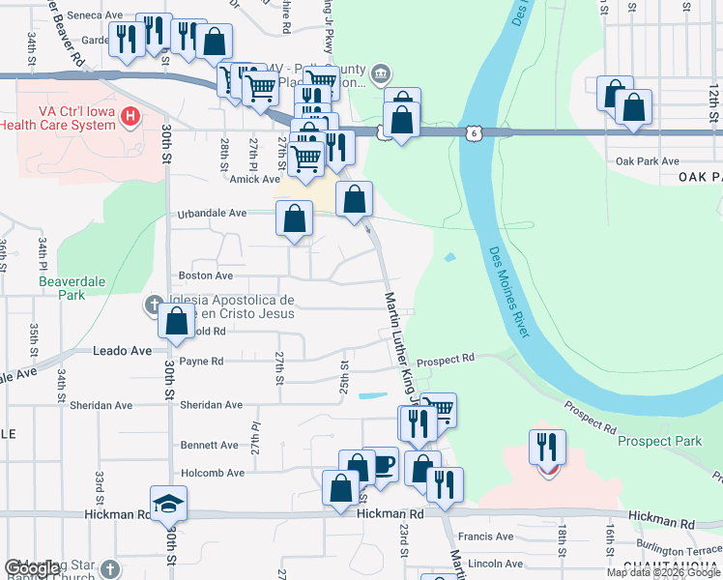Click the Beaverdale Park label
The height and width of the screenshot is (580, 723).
pos(70,287)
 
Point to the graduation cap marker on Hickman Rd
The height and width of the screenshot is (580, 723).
pos(168,504)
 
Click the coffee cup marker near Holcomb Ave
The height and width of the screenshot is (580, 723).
pos(380,465)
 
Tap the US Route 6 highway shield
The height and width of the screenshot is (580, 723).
pos(472,133)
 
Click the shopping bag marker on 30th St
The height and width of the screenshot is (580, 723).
pos(177,322)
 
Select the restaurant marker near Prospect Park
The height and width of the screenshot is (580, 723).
pos(547,447)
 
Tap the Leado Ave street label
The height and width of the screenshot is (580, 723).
pos(123,351)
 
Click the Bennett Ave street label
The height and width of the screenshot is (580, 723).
pos(209,446)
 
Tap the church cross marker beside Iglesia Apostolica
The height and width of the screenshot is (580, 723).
pos(153,306)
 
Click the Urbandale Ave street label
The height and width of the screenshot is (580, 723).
pos(211,215)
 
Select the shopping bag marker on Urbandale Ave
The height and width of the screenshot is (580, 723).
pos(294,218)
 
